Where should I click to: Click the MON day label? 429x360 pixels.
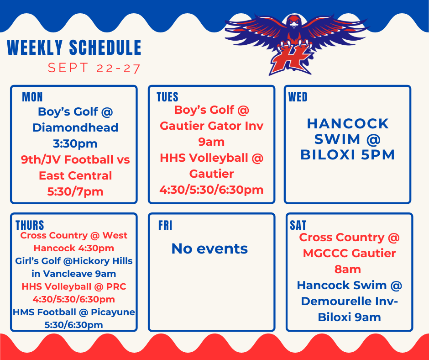pyautogui.click(x=32, y=97)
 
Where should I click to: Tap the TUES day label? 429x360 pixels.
pyautogui.click(x=167, y=97)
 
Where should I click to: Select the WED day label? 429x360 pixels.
pyautogui.click(x=298, y=97)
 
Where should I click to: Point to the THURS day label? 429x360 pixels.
pyautogui.click(x=30, y=225)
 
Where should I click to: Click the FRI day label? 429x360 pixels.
pyautogui.click(x=165, y=225)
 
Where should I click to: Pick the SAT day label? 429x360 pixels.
pyautogui.click(x=298, y=225)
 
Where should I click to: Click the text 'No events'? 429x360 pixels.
pyautogui.click(x=209, y=249)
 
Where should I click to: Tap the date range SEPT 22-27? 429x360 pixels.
pyautogui.click(x=94, y=69)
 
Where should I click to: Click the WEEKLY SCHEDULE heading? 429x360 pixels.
pyautogui.click(x=74, y=48)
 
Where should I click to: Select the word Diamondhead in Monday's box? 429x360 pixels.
pyautogui.click(x=75, y=127)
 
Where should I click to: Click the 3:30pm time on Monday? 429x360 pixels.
pyautogui.click(x=75, y=143)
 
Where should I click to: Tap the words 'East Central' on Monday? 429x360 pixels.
pyautogui.click(x=75, y=175)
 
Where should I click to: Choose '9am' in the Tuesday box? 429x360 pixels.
pyautogui.click(x=212, y=142)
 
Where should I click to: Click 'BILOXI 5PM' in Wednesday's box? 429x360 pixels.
pyautogui.click(x=347, y=155)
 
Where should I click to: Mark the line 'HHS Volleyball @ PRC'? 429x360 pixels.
pyautogui.click(x=74, y=287)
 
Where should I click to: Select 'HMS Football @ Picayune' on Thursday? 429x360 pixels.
pyautogui.click(x=74, y=312)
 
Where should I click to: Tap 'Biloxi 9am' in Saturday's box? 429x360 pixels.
pyautogui.click(x=349, y=317)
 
